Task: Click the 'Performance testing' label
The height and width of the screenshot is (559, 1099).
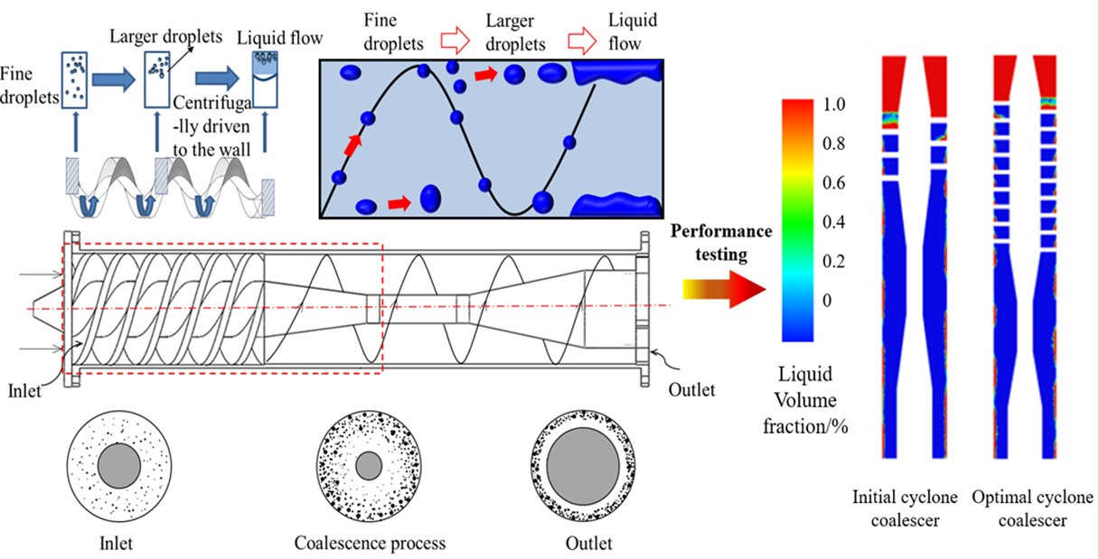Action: click(x=721, y=243)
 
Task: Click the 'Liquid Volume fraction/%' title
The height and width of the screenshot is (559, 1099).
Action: click(x=815, y=401)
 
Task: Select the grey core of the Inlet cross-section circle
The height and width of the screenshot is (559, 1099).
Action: click(x=119, y=466)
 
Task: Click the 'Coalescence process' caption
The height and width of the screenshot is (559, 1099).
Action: click(x=370, y=544)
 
